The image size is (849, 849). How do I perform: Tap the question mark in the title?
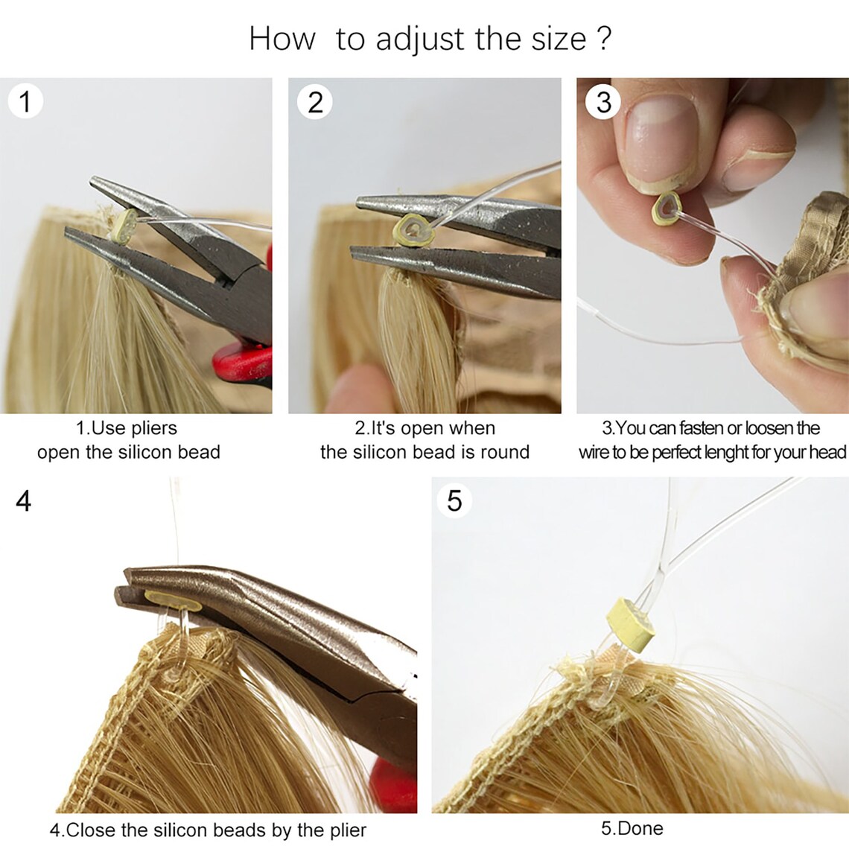click(x=604, y=39)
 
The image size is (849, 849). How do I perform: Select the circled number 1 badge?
click(x=25, y=101)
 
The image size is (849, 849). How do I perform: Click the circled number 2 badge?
click(x=315, y=102)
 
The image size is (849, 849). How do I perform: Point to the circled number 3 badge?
click(x=603, y=102)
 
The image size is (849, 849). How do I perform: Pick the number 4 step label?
click(x=24, y=500)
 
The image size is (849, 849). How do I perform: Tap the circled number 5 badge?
click(x=454, y=500)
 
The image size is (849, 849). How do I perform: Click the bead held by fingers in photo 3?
click(x=665, y=209)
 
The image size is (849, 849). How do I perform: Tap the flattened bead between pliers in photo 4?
click(x=172, y=599)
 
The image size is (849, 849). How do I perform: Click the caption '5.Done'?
click(x=632, y=828)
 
